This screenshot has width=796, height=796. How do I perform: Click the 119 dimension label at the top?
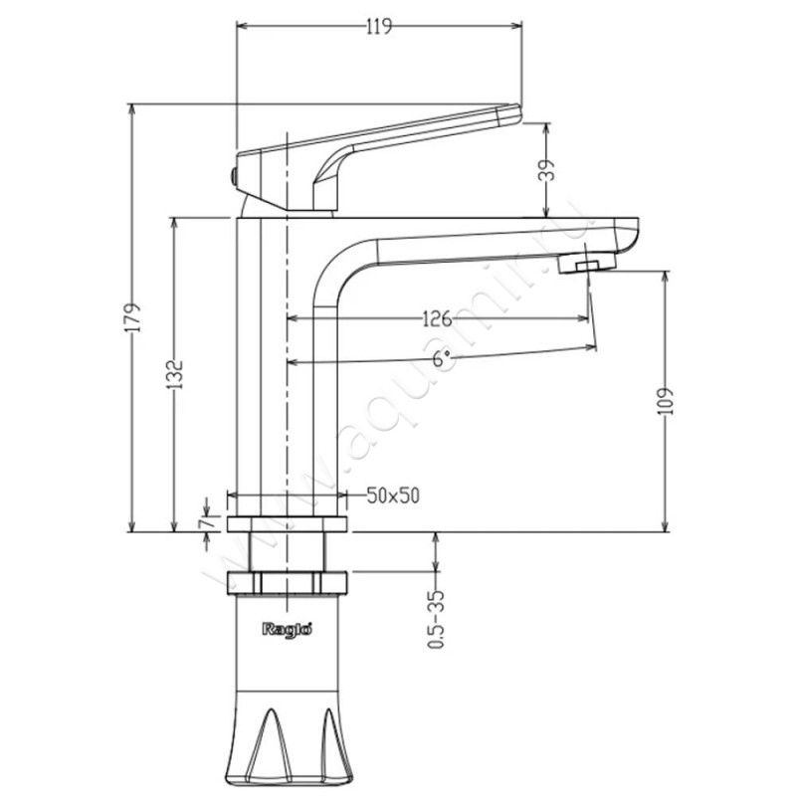[x=379, y=26]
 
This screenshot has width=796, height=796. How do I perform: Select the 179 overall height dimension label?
[x=132, y=317]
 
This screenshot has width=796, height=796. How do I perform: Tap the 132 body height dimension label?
[x=174, y=375]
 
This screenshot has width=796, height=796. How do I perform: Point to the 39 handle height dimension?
[x=546, y=170]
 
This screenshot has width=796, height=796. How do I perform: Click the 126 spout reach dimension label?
[x=437, y=318]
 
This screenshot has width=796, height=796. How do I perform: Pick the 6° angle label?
[x=442, y=358]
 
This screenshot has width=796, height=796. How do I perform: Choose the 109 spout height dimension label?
[x=665, y=402]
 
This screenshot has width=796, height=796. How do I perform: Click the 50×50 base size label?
[x=393, y=496]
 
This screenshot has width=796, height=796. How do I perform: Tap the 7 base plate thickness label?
[x=206, y=523]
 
